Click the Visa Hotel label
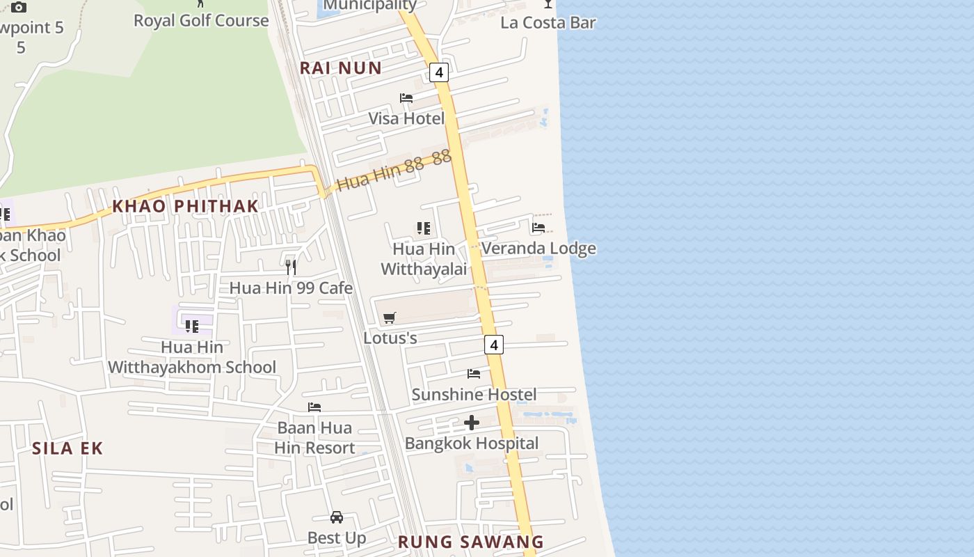[x=406, y=118]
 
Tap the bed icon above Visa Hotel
[x=406, y=98]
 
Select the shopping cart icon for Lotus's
[x=390, y=318]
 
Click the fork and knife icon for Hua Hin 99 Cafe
[x=291, y=267]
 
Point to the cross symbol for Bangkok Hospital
[x=472, y=423]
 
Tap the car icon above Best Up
[x=337, y=517]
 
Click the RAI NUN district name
[x=341, y=68]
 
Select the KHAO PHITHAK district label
[x=185, y=206]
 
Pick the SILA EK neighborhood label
[x=67, y=448]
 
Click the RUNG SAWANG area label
[x=471, y=542]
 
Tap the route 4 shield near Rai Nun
[x=439, y=72]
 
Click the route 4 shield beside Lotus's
[x=494, y=345]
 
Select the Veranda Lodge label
[x=538, y=249]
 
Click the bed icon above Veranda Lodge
[x=538, y=228]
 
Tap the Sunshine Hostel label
[x=474, y=395]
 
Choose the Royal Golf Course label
[x=201, y=21]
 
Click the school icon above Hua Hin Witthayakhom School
[x=192, y=326]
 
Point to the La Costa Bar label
[x=548, y=23]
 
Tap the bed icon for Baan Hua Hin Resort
[x=314, y=407]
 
